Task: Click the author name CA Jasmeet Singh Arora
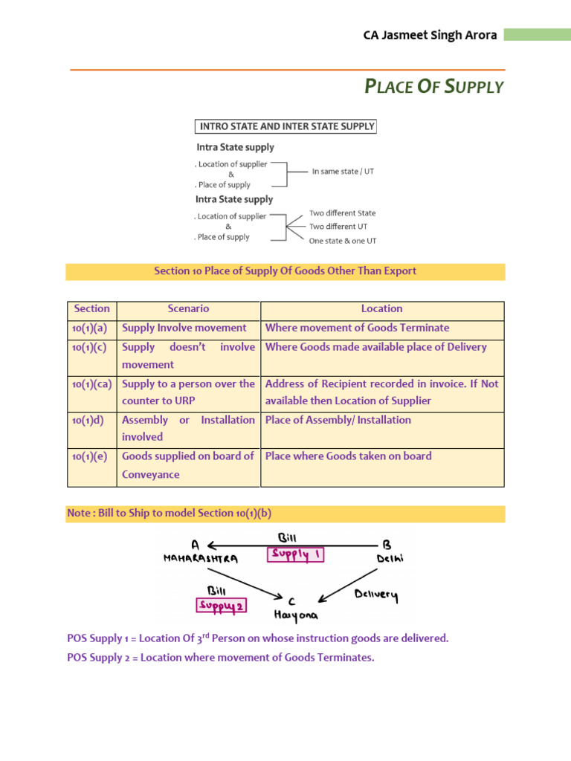tap(430, 36)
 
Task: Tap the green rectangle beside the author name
tap(537, 35)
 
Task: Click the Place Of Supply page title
tap(434, 87)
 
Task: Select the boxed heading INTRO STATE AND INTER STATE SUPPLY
tap(285, 126)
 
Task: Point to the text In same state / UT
tap(343, 171)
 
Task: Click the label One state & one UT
tap(343, 241)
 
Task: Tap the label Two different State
tap(343, 213)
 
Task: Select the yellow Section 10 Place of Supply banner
tap(285, 271)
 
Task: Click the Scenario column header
tap(188, 308)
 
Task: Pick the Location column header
tap(381, 308)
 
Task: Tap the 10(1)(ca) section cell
tap(91, 384)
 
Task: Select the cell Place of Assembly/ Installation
tap(338, 420)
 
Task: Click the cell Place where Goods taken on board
tap(348, 456)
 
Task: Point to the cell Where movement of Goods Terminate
tap(357, 328)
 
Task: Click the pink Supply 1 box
tap(297, 554)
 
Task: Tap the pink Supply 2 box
tap(221, 606)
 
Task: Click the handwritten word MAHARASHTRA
tap(201, 559)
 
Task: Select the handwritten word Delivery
tap(376, 595)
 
